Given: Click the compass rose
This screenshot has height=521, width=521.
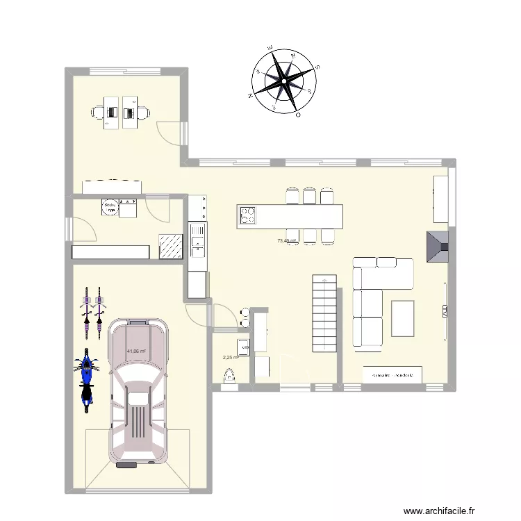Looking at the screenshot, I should coord(283,81).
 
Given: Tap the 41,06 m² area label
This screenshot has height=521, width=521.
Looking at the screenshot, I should coord(136,352).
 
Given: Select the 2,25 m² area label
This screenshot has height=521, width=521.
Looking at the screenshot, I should coord(230,358).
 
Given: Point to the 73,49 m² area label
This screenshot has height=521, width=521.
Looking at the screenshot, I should coord(286,241).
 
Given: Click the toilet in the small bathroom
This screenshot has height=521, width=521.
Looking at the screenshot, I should coord(230,377).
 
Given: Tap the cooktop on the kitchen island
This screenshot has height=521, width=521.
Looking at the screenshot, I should coord(248,216).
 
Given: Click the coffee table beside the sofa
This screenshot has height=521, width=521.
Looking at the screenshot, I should coord(403,318).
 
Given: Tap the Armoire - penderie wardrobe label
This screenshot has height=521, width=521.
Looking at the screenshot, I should coord(392,374).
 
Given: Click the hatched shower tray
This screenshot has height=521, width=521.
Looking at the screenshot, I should coord(170,246).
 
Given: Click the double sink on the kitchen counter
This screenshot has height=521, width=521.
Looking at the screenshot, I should coord(197,238).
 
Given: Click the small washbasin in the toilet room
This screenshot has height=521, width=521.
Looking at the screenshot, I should coord(244,345).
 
